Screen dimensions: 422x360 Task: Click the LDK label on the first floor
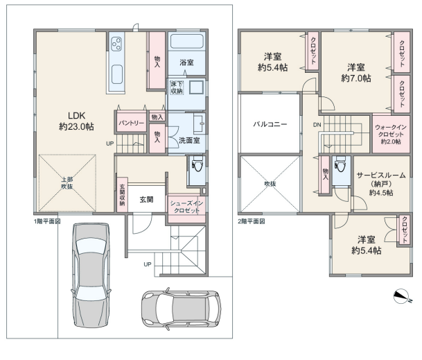tap(77, 116)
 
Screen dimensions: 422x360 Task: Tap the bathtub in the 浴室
tap(187, 41)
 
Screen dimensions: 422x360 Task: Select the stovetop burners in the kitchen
tap(116, 44)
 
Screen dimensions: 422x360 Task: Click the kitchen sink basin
tap(117, 74)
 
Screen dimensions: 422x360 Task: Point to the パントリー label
tap(132, 123)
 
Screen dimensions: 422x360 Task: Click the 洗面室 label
tap(189, 140)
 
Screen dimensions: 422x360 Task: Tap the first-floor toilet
tap(197, 164)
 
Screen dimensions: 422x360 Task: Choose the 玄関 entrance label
tap(146, 199)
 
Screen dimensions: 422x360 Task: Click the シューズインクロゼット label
tap(186, 207)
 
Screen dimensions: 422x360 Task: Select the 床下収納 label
tap(177, 87)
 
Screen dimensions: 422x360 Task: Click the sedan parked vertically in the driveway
tap(91, 275)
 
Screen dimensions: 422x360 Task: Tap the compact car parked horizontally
tap(182, 309)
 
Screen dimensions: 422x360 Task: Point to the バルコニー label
tap(270, 124)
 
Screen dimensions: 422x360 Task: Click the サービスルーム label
tap(381, 175)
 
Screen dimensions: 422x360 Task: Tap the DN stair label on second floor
tap(317, 125)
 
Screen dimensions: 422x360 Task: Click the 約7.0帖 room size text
tap(356, 78)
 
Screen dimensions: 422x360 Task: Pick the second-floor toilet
tap(341, 164)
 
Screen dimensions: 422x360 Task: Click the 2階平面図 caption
tap(252, 221)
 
